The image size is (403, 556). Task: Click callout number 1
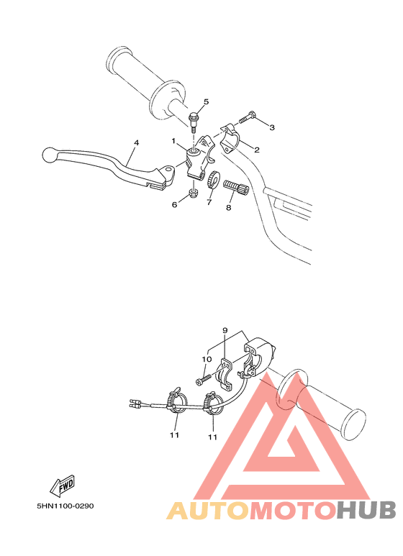coord(173,140)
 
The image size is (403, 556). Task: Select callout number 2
coord(256,150)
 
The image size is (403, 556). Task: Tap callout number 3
coord(271,127)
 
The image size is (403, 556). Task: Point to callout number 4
coord(135,142)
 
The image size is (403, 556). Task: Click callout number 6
coord(173,204)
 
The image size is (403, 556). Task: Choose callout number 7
coord(209,204)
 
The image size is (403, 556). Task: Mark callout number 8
coord(228,209)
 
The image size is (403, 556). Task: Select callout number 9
coord(225,331)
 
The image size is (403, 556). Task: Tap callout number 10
coord(206,358)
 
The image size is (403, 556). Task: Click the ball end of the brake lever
coord(48,153)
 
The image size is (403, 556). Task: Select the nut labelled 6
coord(193,193)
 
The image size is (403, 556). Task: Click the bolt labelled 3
coord(246,117)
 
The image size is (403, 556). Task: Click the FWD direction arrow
coord(64,485)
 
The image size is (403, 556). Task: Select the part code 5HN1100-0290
coord(65,505)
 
